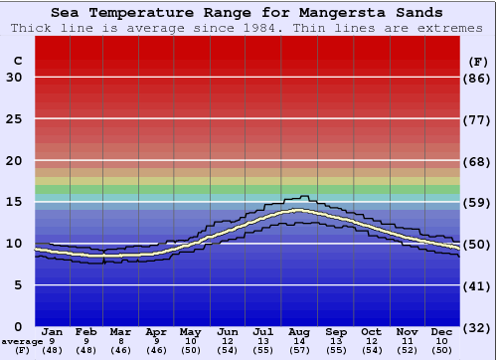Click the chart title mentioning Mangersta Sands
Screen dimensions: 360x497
point(248,12)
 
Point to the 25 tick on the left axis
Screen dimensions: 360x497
point(14,119)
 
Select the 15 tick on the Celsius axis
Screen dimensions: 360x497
point(14,202)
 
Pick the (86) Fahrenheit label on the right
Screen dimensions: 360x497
point(478,78)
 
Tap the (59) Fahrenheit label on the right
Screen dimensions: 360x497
point(478,202)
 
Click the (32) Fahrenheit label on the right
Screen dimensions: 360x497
point(478,326)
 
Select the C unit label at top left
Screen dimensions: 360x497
point(17,61)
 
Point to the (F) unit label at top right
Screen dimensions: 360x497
point(478,61)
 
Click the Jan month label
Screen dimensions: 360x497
point(53,332)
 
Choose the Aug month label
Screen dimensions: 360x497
point(299,332)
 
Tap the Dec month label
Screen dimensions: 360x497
point(441,332)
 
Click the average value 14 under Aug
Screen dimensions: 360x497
point(299,341)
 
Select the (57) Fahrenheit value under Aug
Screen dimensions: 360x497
point(299,351)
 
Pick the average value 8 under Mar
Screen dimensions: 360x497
point(121,341)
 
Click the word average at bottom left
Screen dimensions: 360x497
point(22,341)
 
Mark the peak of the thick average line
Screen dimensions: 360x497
point(297,210)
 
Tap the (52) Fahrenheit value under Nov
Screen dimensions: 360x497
point(407,351)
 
